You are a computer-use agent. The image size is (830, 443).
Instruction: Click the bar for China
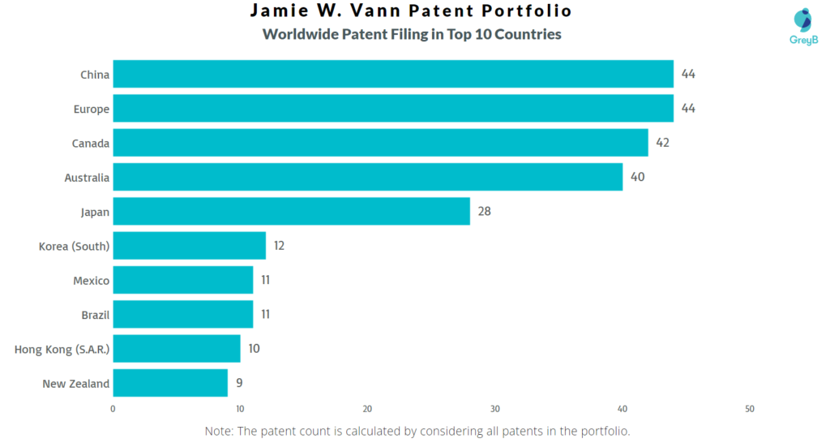[393, 75]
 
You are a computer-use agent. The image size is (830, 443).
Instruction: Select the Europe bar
[393, 109]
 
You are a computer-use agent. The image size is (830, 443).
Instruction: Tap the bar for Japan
[291, 212]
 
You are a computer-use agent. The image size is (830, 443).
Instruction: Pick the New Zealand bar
[170, 383]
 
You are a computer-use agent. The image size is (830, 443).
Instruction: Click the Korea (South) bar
[189, 246]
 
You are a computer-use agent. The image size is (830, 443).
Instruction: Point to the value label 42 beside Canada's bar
[663, 143]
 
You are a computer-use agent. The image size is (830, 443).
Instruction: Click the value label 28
[485, 212]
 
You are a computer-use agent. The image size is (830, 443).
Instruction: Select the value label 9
[239, 383]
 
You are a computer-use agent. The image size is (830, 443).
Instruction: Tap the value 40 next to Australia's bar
[637, 177]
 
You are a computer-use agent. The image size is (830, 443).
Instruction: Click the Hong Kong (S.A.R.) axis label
[62, 350]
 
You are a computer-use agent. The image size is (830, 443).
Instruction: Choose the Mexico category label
[91, 281]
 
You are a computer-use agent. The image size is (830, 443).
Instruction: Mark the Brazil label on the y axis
[94, 315]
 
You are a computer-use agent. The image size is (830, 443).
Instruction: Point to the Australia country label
[87, 178]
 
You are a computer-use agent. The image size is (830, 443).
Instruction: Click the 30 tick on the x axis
[495, 409]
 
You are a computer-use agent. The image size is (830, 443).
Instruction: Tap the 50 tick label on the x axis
[750, 409]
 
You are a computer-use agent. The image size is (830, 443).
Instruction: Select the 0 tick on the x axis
[113, 409]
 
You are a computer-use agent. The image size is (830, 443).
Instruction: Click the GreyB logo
[802, 27]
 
